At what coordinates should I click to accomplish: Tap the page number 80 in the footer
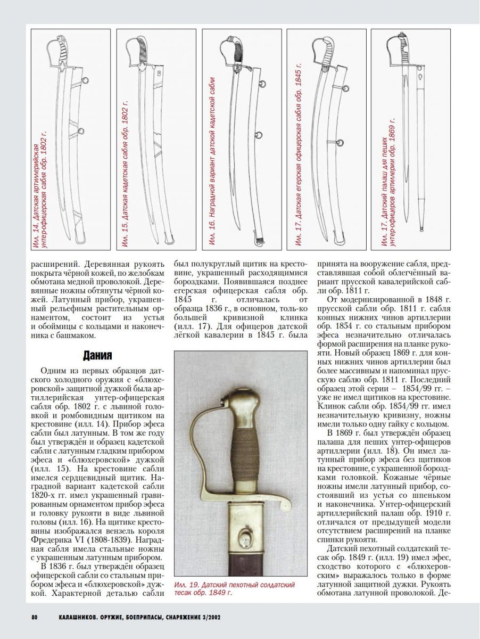click(x=34, y=617)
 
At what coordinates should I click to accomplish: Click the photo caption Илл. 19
click(x=234, y=589)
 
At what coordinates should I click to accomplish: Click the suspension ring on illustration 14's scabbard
click(x=85, y=81)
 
